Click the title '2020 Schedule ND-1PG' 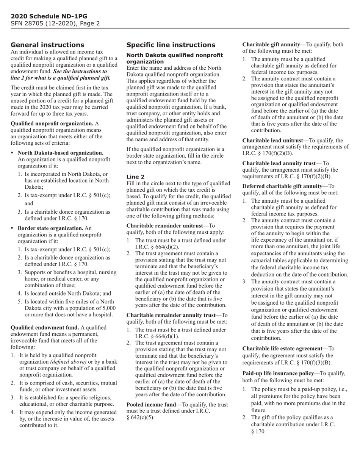pos(49,16)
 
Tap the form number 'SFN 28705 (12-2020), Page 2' pos(55,23)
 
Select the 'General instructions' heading pos(47,45)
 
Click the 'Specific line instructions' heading pos(171,45)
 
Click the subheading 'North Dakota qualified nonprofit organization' pos(174,58)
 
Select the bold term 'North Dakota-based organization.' pos(60,153)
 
